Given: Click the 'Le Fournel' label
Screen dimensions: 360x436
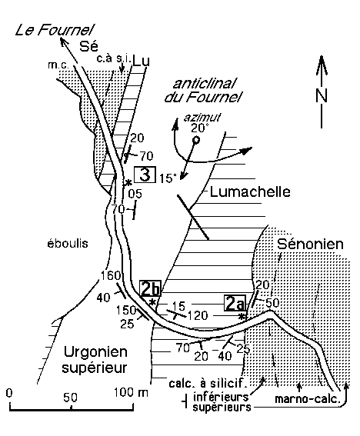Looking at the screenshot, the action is click(55, 30).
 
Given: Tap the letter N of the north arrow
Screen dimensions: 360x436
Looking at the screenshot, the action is click(322, 95).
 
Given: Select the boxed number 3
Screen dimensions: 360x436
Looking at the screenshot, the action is click(145, 175).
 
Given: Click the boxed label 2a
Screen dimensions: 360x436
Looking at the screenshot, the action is click(235, 303).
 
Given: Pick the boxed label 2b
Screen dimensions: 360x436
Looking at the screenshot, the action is click(151, 289).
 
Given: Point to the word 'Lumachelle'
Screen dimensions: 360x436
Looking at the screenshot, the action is click(250, 192).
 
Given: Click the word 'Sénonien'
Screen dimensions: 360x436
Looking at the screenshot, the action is click(310, 244).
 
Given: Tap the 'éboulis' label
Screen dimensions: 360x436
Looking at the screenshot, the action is click(68, 243).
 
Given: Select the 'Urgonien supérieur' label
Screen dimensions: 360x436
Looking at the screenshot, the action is click(95, 360).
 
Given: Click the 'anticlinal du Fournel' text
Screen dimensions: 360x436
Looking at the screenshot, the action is click(203, 91).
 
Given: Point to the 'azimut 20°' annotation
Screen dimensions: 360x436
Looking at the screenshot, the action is click(202, 123).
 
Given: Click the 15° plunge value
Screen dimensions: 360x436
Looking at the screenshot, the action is click(168, 178).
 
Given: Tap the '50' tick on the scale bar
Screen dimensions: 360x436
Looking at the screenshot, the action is click(70, 398).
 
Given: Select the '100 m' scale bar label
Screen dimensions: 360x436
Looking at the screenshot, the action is click(131, 392).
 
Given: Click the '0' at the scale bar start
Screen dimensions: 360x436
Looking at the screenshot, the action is click(10, 393).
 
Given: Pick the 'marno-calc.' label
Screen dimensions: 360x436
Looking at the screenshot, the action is click(308, 399).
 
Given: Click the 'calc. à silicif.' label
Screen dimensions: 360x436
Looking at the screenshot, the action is click(208, 384).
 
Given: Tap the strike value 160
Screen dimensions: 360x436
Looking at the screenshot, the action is click(111, 275).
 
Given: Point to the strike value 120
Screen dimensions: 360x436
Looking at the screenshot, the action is click(198, 315).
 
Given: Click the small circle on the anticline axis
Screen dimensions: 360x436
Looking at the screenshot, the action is click(196, 140).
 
